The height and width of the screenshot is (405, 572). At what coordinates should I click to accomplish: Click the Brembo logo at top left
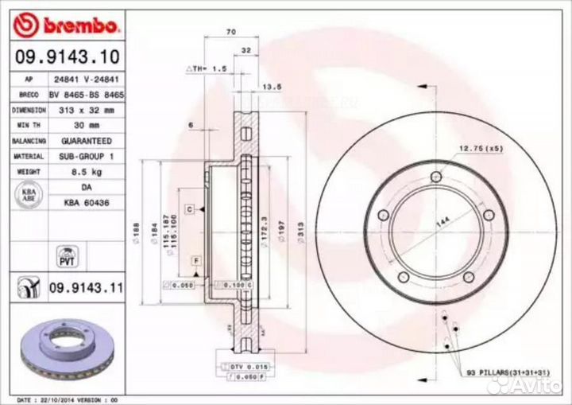tap(68, 25)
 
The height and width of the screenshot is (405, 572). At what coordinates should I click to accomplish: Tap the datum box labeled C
tap(191, 208)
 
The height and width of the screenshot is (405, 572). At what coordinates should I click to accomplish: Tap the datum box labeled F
tap(194, 261)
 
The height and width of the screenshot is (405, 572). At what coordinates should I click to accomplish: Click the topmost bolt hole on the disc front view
tap(435, 177)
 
